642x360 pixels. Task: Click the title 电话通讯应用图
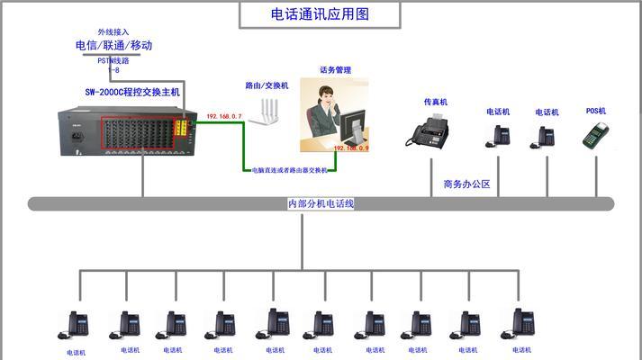(321, 14)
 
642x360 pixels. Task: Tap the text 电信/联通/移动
(113, 45)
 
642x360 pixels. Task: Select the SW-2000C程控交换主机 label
(132, 92)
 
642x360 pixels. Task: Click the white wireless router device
(267, 112)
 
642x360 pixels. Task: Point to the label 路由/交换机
(267, 85)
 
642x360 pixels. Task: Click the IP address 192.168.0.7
(224, 117)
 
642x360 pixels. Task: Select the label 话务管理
(335, 69)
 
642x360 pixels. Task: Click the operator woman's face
(325, 92)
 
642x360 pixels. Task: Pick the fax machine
(430, 133)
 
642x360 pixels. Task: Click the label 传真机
(436, 103)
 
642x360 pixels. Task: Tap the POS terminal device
(594, 135)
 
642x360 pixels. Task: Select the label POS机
(596, 112)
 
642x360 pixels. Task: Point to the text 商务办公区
(466, 184)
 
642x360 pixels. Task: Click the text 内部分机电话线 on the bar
(321, 204)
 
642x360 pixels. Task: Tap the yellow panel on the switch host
(183, 128)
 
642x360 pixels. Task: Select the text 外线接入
(113, 31)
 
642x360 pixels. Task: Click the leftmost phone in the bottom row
(76, 324)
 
